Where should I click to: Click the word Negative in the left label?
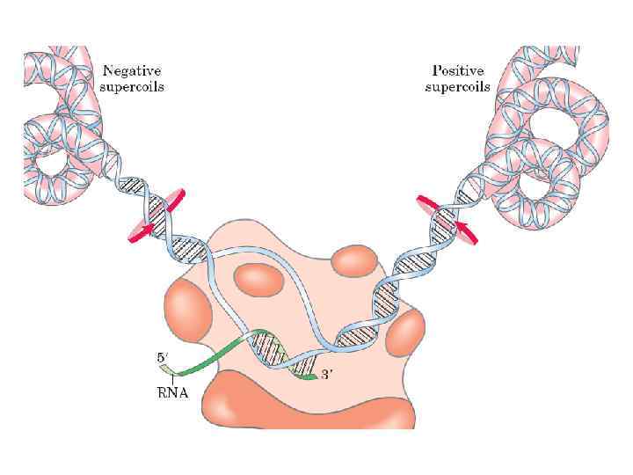point(132,71)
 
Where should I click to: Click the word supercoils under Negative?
point(134,86)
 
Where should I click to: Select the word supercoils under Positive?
point(458,86)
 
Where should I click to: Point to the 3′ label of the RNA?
point(328,376)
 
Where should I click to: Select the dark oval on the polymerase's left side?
point(191,309)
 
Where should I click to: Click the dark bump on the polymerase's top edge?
point(355,261)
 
